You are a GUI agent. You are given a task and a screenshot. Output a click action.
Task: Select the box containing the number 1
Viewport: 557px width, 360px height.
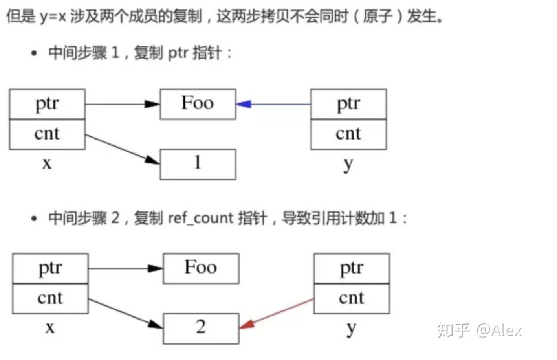tap(198, 164)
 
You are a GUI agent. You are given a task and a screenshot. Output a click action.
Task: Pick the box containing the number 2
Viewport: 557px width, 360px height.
tap(201, 329)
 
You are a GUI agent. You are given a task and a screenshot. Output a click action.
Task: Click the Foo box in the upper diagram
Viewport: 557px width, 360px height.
tap(198, 104)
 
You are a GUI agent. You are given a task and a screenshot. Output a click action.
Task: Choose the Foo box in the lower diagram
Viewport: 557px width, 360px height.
tap(201, 268)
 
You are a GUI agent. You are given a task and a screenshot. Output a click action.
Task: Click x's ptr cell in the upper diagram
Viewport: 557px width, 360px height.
tap(47, 104)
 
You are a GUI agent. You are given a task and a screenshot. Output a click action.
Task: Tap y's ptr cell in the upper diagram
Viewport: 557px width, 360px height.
tap(348, 104)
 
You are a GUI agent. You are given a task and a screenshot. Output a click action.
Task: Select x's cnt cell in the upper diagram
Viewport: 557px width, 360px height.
tap(47, 134)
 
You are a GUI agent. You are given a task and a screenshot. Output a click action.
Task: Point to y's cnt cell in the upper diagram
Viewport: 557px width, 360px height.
tap(348, 134)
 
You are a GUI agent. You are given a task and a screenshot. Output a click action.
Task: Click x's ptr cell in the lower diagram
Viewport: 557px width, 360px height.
tap(50, 268)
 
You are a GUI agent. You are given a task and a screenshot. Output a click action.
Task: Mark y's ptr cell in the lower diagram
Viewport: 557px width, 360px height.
tap(352, 268)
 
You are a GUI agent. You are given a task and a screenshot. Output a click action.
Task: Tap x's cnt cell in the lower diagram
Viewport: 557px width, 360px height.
tap(50, 299)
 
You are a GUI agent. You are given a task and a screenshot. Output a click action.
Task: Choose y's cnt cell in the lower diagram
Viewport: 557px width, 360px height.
tap(352, 299)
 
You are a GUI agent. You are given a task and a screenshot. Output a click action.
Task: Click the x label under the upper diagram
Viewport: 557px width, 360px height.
tap(47, 163)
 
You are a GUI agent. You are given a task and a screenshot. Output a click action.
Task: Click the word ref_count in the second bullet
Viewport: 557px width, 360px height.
tap(201, 218)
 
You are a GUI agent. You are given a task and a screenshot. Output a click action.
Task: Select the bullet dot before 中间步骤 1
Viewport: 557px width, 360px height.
tap(34, 53)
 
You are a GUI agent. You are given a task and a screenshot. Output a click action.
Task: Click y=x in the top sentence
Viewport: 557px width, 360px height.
tap(53, 17)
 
